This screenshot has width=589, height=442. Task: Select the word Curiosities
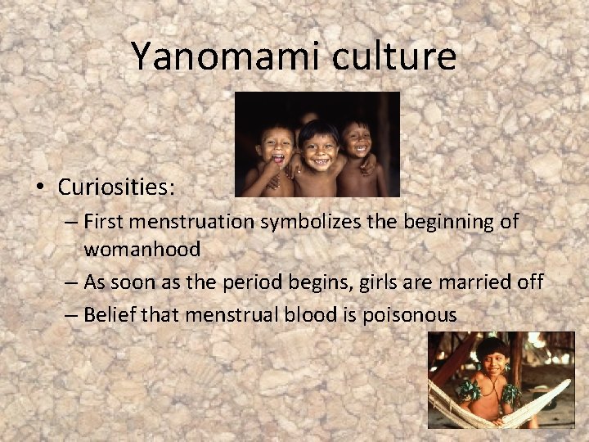click(116, 187)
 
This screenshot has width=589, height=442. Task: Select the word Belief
click(108, 315)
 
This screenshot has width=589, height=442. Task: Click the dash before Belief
click(71, 315)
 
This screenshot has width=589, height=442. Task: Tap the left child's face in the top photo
click(276, 148)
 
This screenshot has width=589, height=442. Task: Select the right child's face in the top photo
click(357, 140)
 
